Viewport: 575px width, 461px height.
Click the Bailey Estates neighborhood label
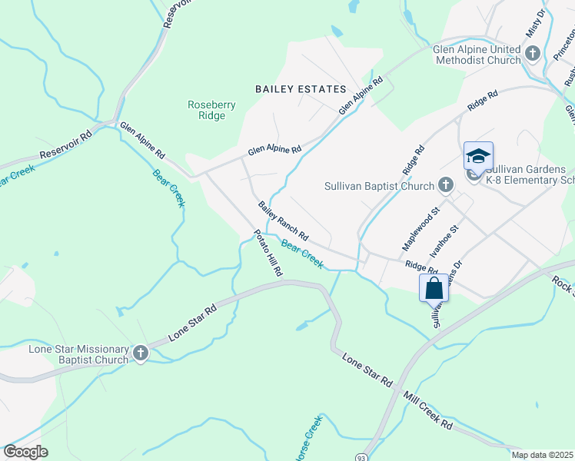(301, 89)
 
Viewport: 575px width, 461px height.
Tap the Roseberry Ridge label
(207, 110)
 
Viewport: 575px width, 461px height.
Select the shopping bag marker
(434, 288)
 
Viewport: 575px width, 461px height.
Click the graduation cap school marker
(477, 156)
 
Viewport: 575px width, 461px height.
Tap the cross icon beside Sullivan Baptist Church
(445, 185)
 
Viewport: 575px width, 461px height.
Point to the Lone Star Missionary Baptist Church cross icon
(140, 353)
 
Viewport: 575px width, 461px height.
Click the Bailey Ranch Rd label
(283, 220)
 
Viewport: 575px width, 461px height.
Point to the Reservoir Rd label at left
(65, 144)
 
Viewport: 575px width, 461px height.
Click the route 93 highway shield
(361, 456)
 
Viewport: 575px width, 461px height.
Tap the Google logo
(26, 452)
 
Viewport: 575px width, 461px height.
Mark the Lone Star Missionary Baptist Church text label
(78, 353)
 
